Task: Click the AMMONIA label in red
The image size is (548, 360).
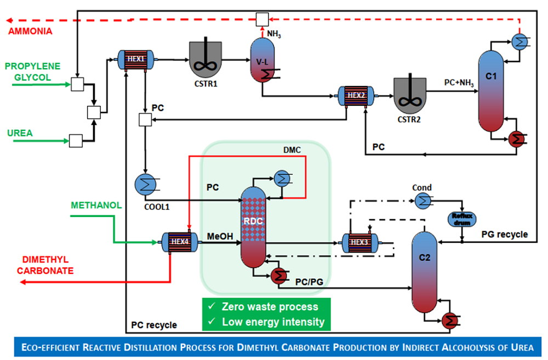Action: click(30, 31)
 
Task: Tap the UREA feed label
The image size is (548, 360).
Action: click(20, 133)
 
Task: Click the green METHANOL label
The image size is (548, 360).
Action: click(95, 205)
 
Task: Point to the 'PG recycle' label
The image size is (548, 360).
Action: click(505, 235)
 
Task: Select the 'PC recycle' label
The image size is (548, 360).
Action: click(154, 325)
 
